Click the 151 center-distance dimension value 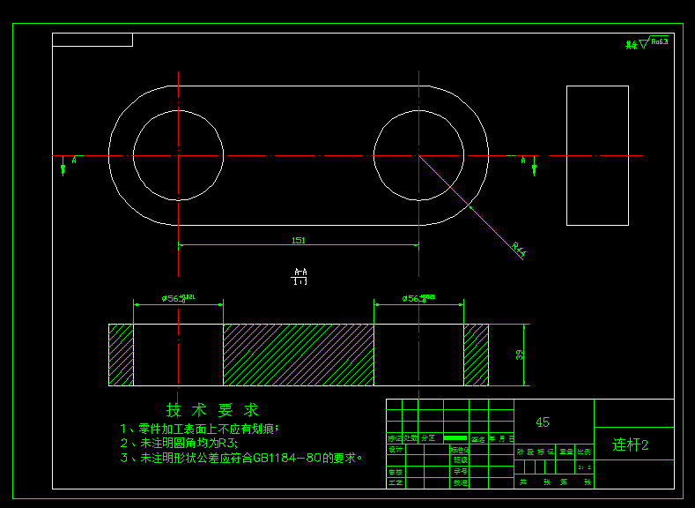299,239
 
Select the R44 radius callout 519,250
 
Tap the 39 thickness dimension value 519,355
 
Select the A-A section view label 299,276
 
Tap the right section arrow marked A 533,165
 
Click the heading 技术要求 213,410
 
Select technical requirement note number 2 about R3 180,443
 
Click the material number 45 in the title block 543,422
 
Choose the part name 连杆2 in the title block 631,444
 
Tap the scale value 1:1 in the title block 584,467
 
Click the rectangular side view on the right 597,155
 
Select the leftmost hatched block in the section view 121,355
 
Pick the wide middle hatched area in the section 298,355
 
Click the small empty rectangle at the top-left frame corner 92,40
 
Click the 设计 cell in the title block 396,449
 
